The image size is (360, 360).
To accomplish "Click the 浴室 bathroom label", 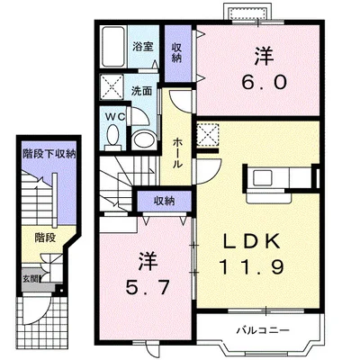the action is (143, 47).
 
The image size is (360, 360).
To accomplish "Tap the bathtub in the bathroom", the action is (112, 47).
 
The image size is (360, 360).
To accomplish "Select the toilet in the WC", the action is (112, 138).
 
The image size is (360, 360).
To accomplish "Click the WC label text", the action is (116, 117).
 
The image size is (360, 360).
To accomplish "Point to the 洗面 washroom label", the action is (141, 91).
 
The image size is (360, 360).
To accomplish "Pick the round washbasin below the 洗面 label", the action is (144, 139).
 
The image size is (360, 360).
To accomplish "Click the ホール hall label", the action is (177, 153).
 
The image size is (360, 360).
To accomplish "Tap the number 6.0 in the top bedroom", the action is (265, 82).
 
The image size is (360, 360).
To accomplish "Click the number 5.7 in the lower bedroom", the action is (148, 288).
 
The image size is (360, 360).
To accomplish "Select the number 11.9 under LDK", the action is (251, 266).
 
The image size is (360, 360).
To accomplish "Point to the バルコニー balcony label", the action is (263, 330).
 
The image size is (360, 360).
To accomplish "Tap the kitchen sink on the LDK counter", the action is (263, 177).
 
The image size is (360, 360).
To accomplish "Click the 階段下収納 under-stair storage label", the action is (49, 155).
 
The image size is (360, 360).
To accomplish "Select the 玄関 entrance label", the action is (31, 279).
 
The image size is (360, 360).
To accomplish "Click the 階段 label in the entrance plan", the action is (45, 238).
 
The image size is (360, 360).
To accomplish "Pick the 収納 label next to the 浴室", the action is (176, 53).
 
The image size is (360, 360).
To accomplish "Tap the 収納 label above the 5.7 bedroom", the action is (164, 201).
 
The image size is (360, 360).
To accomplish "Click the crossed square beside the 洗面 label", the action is (112, 86).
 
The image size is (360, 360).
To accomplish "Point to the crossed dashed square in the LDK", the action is (208, 134).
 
